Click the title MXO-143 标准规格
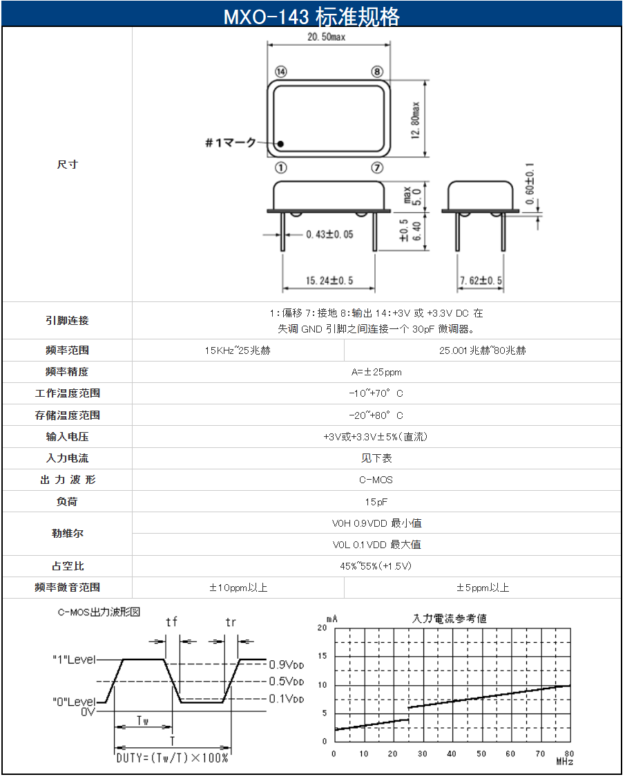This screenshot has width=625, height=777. coord(311,16)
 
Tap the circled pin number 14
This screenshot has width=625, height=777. coord(280,72)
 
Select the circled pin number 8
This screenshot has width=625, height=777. coord(376,72)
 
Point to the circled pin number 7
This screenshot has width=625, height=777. coord(376,168)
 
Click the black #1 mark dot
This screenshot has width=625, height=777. coord(281,144)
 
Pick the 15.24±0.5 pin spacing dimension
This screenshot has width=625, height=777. coord(329,281)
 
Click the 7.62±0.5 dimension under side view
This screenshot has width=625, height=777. coord(481,281)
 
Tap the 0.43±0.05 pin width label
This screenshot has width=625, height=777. coord(329,234)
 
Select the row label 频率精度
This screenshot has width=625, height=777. coord(67,372)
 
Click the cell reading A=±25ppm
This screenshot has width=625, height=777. coord(376,372)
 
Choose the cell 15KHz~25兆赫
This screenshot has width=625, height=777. coord(238,350)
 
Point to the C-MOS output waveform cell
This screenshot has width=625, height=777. coord(376,480)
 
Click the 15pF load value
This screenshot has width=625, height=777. coord(376,501)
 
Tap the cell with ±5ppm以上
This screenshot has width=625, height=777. coord(483,588)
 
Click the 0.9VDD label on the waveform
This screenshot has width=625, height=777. coord(286,664)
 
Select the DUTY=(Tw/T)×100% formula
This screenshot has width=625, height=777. coord(172,758)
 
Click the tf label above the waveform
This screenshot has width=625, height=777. coord(171,622)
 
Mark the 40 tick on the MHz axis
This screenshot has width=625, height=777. coord(452,753)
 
